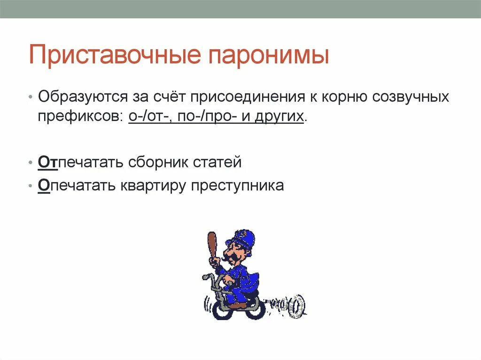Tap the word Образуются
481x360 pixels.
77,97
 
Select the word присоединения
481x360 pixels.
245,97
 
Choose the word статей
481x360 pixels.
217,162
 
